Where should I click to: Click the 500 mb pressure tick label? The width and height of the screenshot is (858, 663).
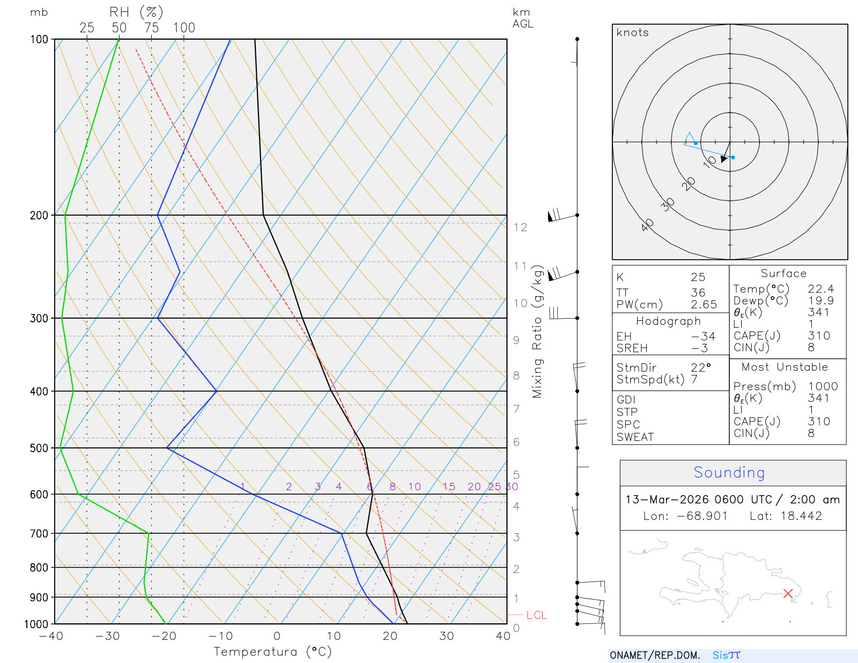coord(39,448)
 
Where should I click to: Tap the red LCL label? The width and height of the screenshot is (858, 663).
coord(536,615)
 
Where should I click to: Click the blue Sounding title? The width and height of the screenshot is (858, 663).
coord(729,473)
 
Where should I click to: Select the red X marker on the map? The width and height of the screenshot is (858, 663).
coord(788,593)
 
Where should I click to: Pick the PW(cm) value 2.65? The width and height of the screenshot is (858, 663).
coord(704,305)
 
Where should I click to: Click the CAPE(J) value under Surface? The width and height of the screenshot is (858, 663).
coord(819,336)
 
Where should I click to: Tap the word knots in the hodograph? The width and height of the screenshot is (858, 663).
coord(632,33)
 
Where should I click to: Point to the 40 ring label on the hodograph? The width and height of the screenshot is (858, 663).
coord(648,225)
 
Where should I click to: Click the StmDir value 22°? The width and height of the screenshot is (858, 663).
coord(700,368)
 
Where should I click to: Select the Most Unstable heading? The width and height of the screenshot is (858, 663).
coord(785,367)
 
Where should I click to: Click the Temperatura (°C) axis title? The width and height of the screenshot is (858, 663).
coord(272,652)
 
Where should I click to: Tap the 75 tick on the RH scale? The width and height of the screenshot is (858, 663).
coord(152,28)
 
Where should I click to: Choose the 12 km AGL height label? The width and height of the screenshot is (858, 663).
coord(520,227)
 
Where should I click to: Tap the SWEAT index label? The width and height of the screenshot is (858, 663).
coord(635,437)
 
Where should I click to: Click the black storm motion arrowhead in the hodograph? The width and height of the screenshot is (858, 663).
coord(724,159)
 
